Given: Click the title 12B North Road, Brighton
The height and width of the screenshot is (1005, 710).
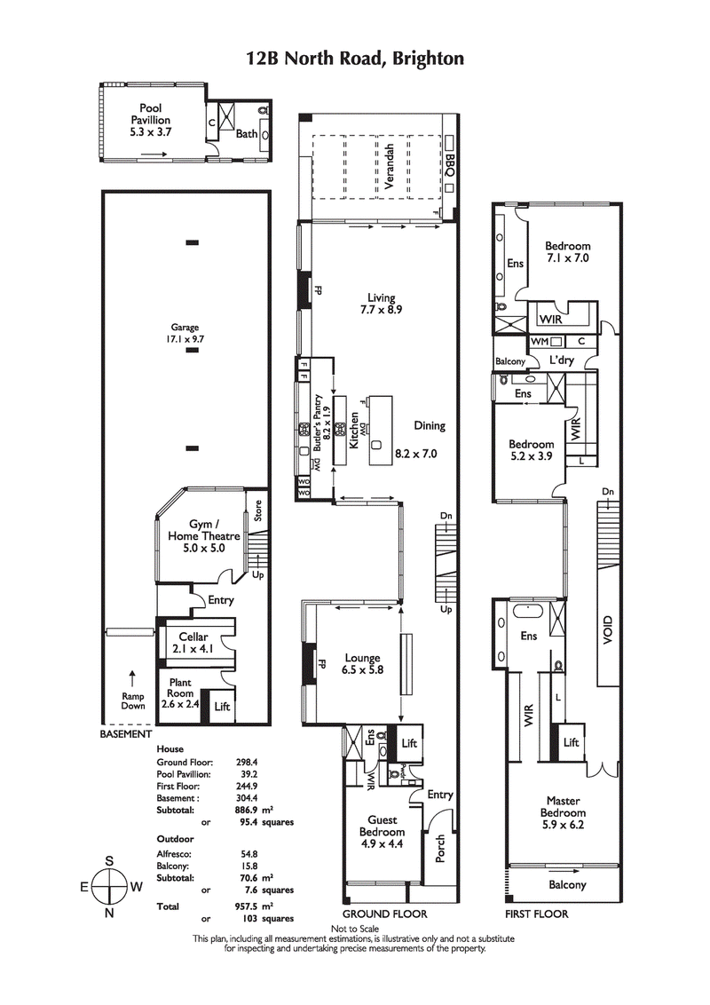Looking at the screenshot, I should pos(355,59).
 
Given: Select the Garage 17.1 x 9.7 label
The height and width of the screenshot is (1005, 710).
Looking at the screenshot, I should pos(185,333).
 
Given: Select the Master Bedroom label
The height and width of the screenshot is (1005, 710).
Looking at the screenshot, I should pos(564,812).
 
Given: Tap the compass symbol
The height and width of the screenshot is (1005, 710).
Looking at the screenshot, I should pos(109,886).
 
